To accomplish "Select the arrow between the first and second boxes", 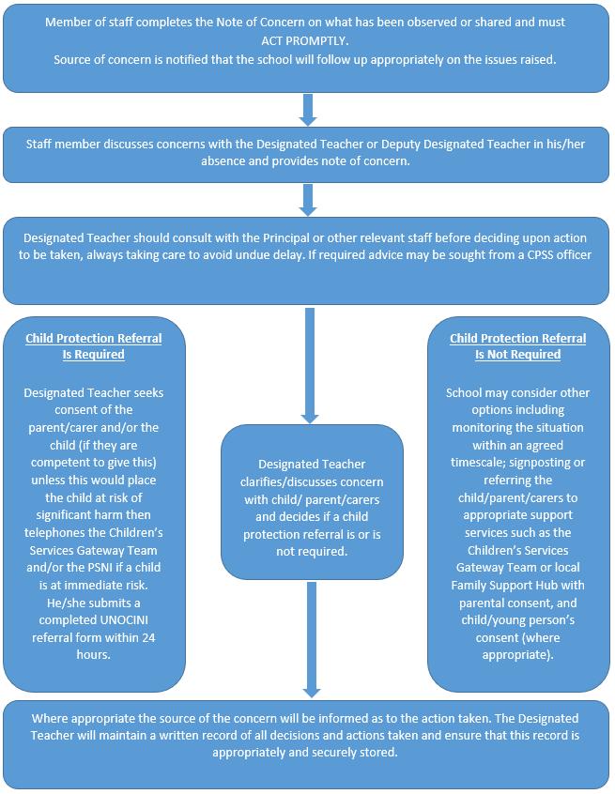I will (x=307, y=109).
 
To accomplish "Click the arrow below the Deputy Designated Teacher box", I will (x=307, y=199).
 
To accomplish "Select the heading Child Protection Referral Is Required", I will (x=93, y=346).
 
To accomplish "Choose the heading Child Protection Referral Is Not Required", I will (x=517, y=346).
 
